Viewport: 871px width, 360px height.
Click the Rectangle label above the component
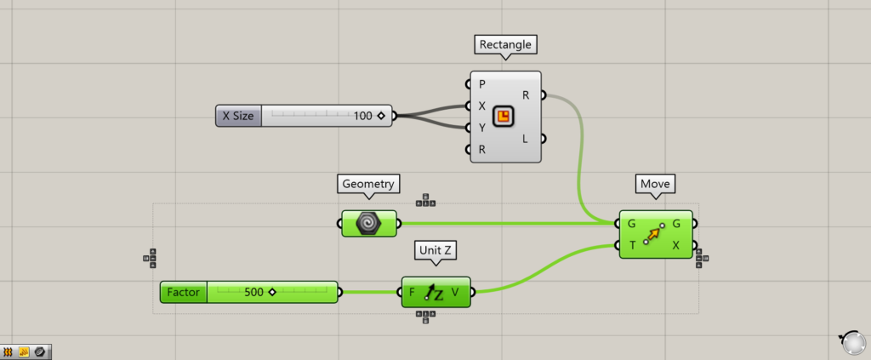tap(506, 44)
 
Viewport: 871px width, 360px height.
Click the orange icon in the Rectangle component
tap(504, 117)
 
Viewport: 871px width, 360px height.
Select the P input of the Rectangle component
tap(482, 84)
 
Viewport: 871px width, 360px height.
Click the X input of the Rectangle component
tap(482, 106)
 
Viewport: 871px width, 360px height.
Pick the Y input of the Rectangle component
tap(482, 129)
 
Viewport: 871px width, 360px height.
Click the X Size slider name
tap(238, 116)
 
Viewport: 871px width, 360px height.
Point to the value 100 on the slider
tap(363, 116)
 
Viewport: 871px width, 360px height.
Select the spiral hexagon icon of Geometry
tap(369, 223)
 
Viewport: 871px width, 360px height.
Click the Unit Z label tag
tap(435, 250)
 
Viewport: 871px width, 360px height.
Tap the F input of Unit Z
tap(413, 293)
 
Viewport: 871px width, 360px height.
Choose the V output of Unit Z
tap(456, 293)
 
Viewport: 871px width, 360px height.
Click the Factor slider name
tap(184, 293)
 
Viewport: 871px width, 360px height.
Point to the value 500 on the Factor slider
tap(253, 293)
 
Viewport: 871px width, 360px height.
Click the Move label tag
tap(656, 184)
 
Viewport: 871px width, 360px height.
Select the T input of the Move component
tap(632, 245)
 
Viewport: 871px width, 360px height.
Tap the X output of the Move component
tap(676, 245)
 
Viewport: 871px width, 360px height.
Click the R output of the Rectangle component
tap(526, 95)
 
